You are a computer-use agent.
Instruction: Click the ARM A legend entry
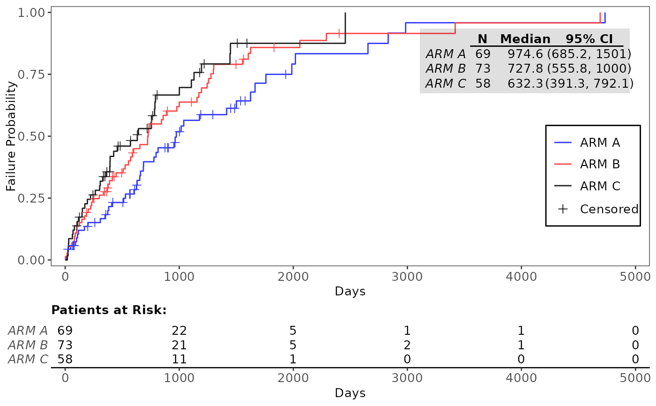pyautogui.click(x=587, y=143)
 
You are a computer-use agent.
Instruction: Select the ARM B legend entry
pyautogui.click(x=587, y=164)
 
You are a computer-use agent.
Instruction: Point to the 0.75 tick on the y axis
pyautogui.click(x=49, y=75)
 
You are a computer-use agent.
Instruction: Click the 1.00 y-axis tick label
pyautogui.click(x=31, y=13)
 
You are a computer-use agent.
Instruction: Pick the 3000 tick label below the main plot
pyautogui.click(x=407, y=277)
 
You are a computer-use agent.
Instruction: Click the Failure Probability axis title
pyautogui.click(x=11, y=136)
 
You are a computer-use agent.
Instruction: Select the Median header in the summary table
pyautogui.click(x=525, y=39)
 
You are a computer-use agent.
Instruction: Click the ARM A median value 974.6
pyautogui.click(x=525, y=54)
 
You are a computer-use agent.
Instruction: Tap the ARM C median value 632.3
pyautogui.click(x=525, y=83)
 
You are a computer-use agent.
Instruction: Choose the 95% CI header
pyautogui.click(x=589, y=39)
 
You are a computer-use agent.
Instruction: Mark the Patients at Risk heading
pyautogui.click(x=109, y=310)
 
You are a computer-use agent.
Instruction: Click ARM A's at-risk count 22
pyautogui.click(x=179, y=331)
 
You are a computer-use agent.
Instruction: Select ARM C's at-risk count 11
pyautogui.click(x=179, y=359)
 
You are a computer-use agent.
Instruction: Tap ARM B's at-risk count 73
pyautogui.click(x=65, y=345)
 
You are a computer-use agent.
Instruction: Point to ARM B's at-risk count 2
pyautogui.click(x=407, y=345)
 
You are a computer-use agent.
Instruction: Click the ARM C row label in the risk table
pyautogui.click(x=28, y=359)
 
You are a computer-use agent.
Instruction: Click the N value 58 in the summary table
pyautogui.click(x=483, y=83)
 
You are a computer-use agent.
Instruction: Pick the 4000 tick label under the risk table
pyautogui.click(x=521, y=378)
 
